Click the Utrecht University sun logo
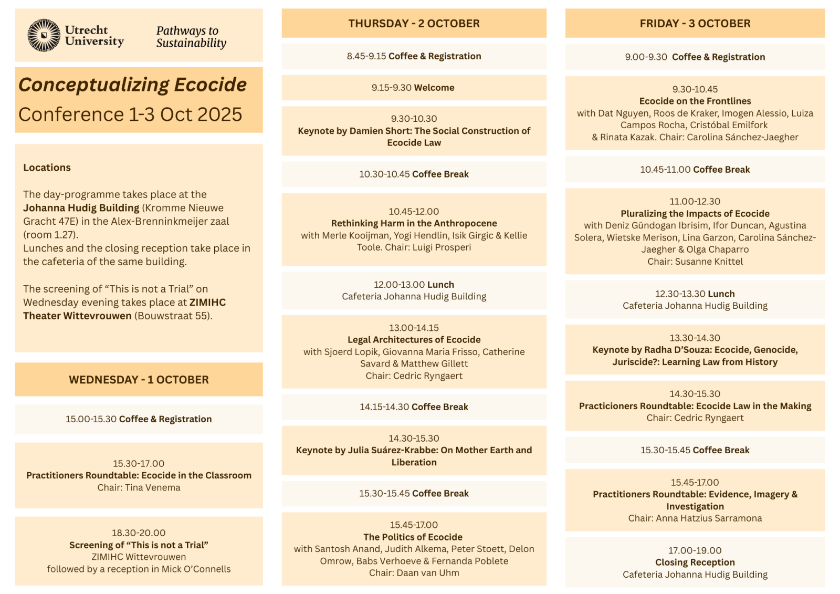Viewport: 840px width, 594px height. click(44, 35)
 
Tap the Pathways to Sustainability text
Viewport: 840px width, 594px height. click(191, 37)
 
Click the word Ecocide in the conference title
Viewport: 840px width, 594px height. click(210, 85)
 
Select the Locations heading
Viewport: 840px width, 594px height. click(47, 168)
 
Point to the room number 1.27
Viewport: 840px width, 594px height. click(64, 235)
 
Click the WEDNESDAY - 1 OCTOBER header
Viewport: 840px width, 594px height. click(139, 380)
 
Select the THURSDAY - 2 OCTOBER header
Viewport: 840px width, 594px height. click(414, 24)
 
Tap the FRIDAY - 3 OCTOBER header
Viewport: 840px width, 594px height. click(695, 24)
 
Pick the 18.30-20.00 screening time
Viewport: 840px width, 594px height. click(139, 533)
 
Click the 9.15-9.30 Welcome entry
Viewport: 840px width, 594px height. click(413, 88)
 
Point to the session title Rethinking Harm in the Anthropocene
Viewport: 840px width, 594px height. click(414, 223)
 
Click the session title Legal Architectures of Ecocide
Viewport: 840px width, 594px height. click(414, 340)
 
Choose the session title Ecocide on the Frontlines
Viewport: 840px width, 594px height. click(695, 101)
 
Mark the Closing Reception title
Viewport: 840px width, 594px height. click(695, 562)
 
